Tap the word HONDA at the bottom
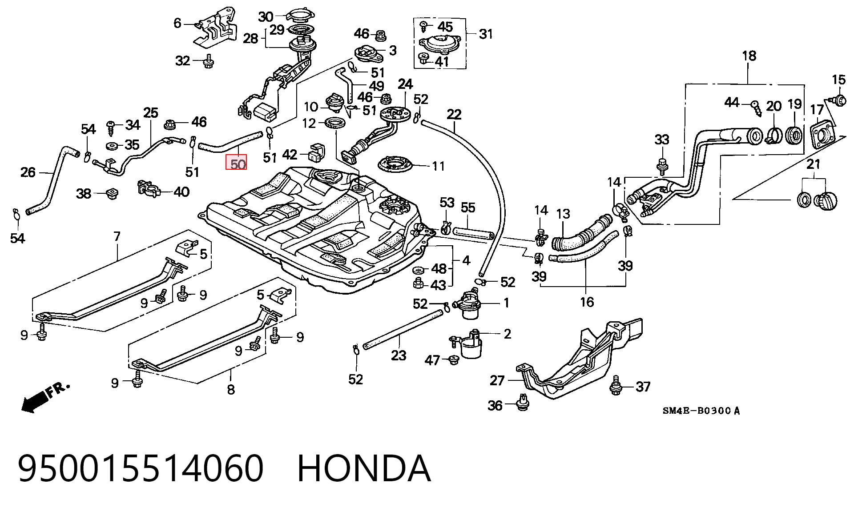point(364,468)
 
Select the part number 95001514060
point(141,468)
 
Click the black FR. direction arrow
point(44,396)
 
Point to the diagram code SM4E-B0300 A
point(701,411)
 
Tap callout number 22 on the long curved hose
point(454,114)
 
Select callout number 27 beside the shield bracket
point(497,380)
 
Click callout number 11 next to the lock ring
point(438,166)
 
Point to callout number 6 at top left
point(177,23)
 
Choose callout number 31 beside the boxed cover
point(486,34)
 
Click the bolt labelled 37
point(616,385)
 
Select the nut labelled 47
point(454,359)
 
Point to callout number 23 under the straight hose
point(399,355)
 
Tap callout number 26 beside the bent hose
point(28,172)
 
